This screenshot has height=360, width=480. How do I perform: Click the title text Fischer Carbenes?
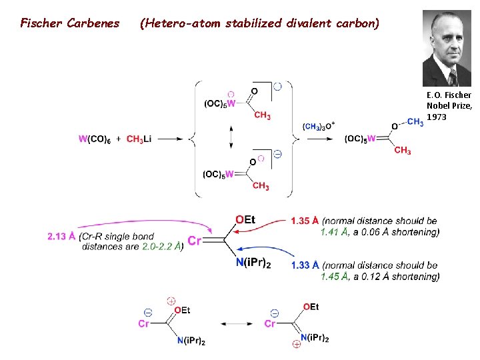(70, 24)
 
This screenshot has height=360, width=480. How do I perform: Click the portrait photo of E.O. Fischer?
(447, 48)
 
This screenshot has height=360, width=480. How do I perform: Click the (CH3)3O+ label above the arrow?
(319, 127)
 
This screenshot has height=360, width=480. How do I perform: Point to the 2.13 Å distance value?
(61, 236)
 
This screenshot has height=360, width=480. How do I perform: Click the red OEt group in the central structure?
(245, 220)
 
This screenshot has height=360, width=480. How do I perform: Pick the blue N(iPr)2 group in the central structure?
(253, 264)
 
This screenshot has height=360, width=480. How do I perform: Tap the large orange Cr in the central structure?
(195, 241)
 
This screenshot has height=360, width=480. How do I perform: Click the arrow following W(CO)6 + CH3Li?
(170, 139)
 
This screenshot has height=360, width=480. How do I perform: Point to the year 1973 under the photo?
(437, 117)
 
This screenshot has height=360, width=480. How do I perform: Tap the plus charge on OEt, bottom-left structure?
(171, 301)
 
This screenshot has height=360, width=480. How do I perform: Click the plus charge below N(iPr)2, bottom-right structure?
(296, 345)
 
